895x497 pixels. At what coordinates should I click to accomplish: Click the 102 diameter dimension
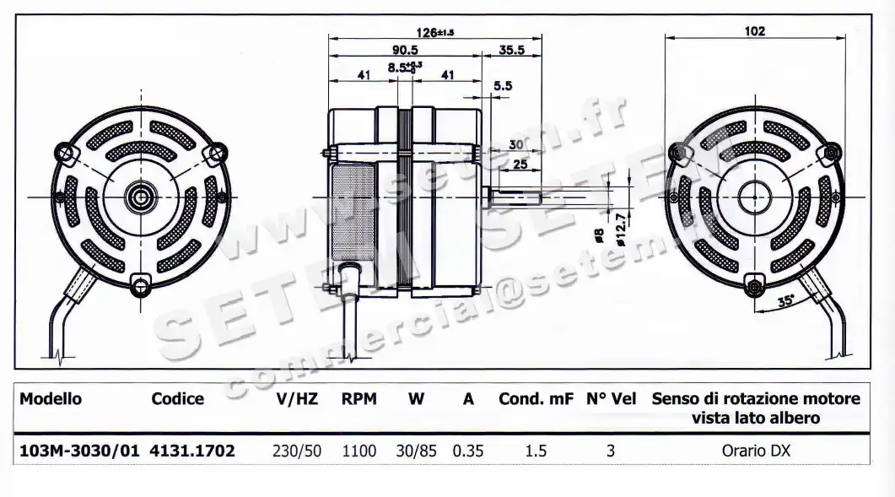click(x=755, y=31)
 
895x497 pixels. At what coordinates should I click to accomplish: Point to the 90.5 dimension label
click(x=405, y=51)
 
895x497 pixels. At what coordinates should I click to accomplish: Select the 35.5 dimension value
click(x=511, y=51)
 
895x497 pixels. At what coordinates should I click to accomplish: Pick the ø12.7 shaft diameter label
click(x=623, y=228)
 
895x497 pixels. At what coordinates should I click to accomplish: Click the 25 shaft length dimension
click(x=520, y=165)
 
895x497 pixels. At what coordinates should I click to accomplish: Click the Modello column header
click(x=51, y=399)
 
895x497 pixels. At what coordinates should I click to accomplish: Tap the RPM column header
click(x=359, y=399)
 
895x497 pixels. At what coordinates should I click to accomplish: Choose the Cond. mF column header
click(x=536, y=399)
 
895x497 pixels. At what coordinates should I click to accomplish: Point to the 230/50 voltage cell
click(x=297, y=451)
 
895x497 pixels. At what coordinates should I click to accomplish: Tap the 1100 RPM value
click(x=359, y=451)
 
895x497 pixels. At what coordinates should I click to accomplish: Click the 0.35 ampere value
click(x=468, y=451)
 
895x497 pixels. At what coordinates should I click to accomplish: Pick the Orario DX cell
click(x=756, y=451)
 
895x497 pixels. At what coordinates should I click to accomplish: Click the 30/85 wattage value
click(x=417, y=451)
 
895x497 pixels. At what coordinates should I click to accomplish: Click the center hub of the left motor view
click(x=137, y=198)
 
